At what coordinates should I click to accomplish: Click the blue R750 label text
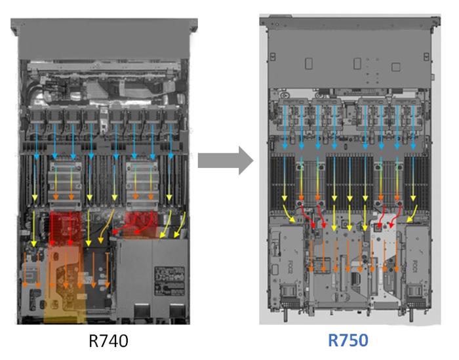[x=348, y=342]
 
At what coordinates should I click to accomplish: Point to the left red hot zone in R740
[x=65, y=226]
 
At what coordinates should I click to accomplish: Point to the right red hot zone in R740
[x=142, y=222]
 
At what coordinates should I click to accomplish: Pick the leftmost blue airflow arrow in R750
[x=286, y=127]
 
